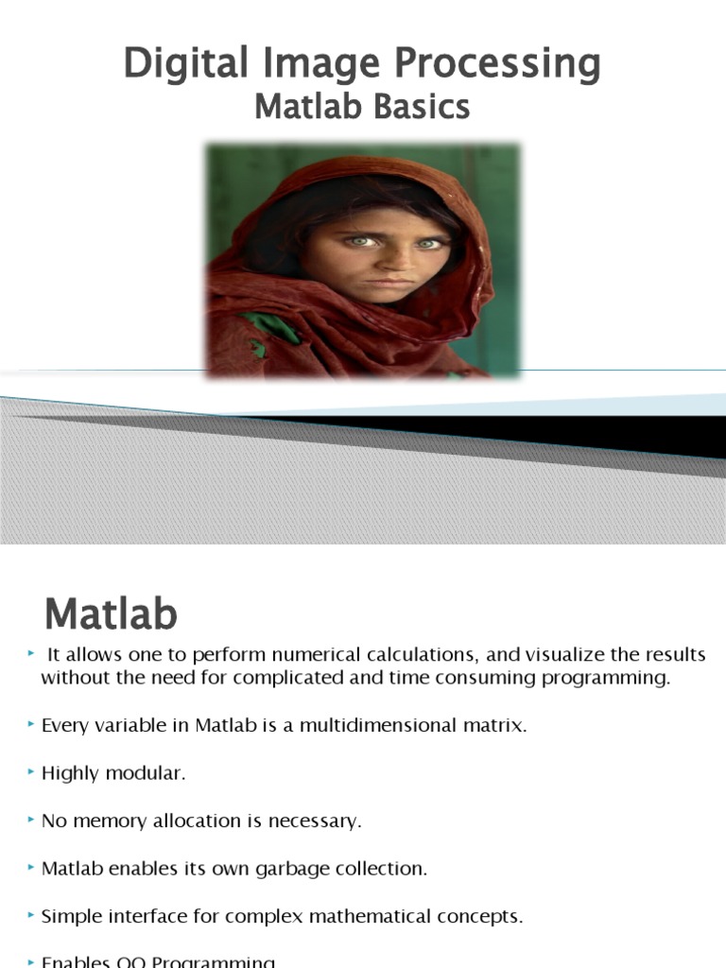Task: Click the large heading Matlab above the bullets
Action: coord(111,615)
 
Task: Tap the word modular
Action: coord(152,773)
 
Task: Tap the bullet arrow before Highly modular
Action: coord(32,773)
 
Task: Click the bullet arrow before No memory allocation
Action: coord(32,821)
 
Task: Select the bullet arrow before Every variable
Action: coord(32,726)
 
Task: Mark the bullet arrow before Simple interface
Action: coord(32,915)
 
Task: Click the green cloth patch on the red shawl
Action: coord(276,330)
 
